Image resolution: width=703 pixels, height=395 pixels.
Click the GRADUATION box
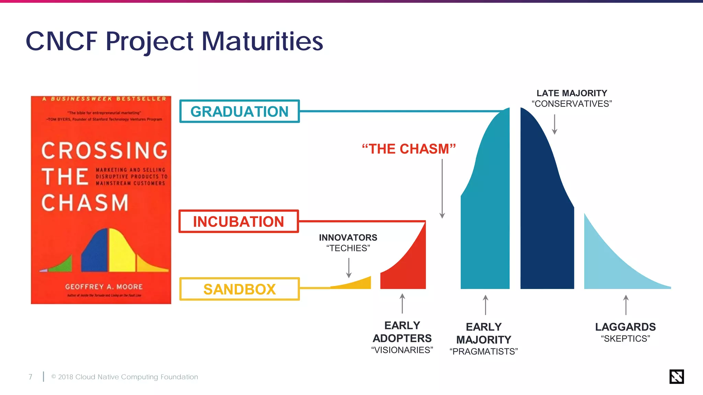click(239, 111)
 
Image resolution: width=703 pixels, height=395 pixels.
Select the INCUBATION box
click(239, 222)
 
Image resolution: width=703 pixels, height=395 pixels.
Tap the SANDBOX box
click(239, 289)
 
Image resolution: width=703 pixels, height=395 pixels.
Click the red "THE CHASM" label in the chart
click(408, 149)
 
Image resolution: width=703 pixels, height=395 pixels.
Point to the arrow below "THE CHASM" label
click(442, 189)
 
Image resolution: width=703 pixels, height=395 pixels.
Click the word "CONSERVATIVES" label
click(572, 104)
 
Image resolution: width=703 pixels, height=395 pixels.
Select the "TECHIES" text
click(348, 248)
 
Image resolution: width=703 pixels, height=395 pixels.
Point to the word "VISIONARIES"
click(402, 350)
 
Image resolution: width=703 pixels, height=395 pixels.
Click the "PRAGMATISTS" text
click(484, 351)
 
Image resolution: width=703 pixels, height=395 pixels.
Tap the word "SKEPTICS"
click(625, 339)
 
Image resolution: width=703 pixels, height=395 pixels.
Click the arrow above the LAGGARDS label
click(626, 305)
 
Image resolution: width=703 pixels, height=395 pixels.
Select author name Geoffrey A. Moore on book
click(104, 287)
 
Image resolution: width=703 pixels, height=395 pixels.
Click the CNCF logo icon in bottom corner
click(676, 376)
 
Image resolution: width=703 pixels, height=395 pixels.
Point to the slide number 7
click(31, 377)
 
